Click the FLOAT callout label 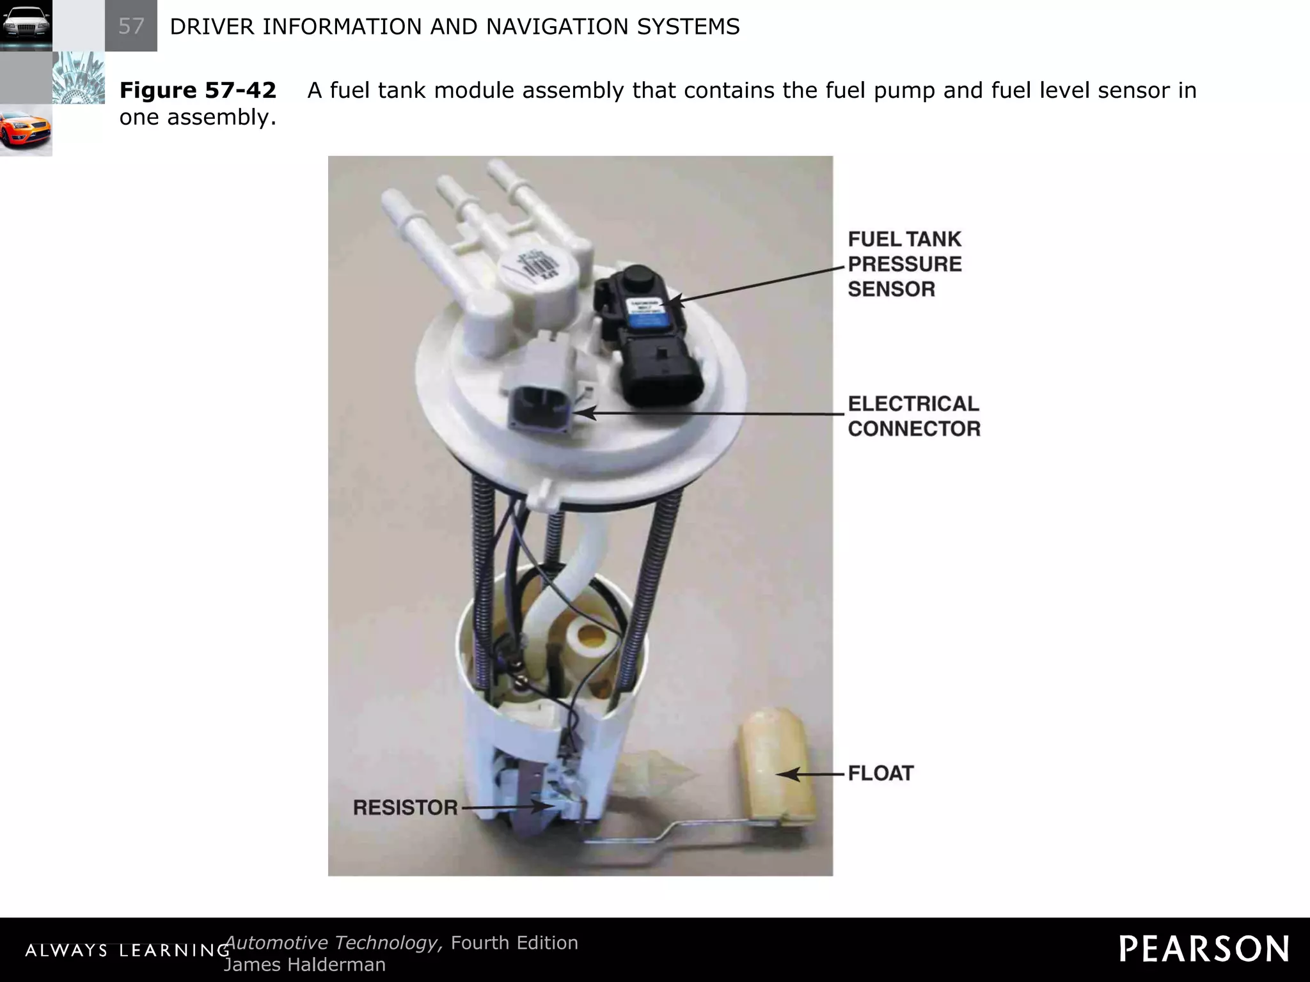881,774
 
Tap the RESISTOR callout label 405,808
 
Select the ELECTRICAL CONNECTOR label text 913,416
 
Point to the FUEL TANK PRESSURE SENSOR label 904,264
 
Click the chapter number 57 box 131,26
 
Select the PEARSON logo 1204,949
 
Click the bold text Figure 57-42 198,91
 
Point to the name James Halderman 304,964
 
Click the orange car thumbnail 26,130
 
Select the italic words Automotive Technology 333,943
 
